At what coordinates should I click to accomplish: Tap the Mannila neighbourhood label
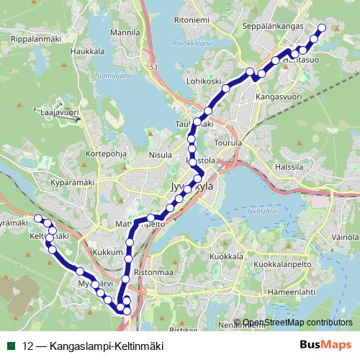(x=125, y=33)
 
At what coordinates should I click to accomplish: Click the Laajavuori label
(x=59, y=113)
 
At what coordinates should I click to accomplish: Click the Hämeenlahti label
(x=292, y=293)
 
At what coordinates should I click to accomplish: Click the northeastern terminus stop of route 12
(x=321, y=28)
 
